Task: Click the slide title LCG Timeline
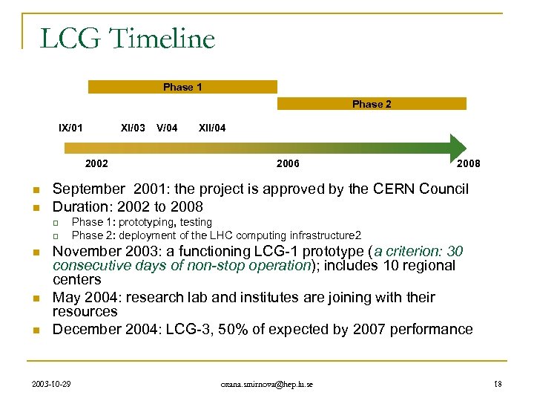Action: (x=127, y=38)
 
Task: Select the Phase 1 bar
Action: (x=182, y=87)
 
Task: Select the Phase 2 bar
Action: (x=372, y=104)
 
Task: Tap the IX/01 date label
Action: (x=71, y=128)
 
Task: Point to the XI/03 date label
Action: (x=133, y=128)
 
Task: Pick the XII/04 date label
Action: (x=212, y=128)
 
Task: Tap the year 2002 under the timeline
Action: (x=96, y=163)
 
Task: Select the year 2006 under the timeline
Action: (x=288, y=163)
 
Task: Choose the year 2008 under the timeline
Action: (x=468, y=163)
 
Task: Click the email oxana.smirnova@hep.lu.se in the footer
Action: (x=267, y=384)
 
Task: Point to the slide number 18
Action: (x=498, y=384)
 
